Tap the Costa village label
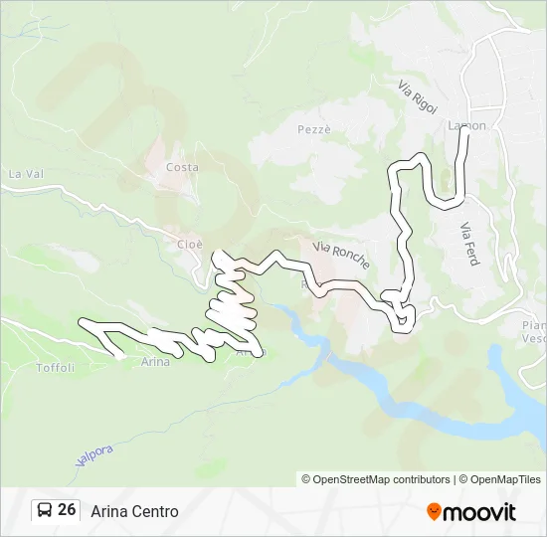pos(182,167)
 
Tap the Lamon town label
pos(466,125)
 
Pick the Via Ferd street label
pos(470,242)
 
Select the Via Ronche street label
pos(341,255)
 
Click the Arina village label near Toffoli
pos(155,362)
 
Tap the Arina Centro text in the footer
pos(134,511)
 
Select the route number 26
pos(67,510)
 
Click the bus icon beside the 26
pos(45,510)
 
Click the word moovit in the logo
pos(479,512)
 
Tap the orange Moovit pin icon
pos(434,511)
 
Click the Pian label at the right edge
pos(535,325)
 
